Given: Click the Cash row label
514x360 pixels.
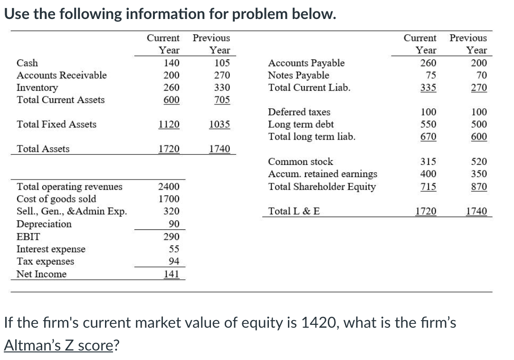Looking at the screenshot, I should [x=28, y=63].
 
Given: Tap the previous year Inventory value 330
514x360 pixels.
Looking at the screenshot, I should [x=222, y=87].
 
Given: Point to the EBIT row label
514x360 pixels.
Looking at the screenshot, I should [x=29, y=237].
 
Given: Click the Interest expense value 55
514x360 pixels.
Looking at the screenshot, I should [x=174, y=249].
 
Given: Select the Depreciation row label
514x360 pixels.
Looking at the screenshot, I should [x=44, y=224].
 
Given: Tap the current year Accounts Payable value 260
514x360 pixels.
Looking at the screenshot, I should [x=428, y=63].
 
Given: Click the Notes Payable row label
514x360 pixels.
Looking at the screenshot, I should [x=298, y=75].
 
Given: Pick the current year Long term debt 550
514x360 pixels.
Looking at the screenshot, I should [x=428, y=124].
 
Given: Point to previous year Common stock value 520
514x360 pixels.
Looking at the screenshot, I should [x=479, y=161].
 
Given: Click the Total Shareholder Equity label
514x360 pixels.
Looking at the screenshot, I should [x=322, y=187].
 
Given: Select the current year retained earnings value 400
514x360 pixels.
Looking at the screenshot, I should [x=428, y=174].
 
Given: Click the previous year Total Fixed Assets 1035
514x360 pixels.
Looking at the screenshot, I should [x=219, y=124].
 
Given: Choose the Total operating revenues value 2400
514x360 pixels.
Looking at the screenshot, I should [x=169, y=187].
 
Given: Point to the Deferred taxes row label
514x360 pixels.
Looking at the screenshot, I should [x=299, y=112].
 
